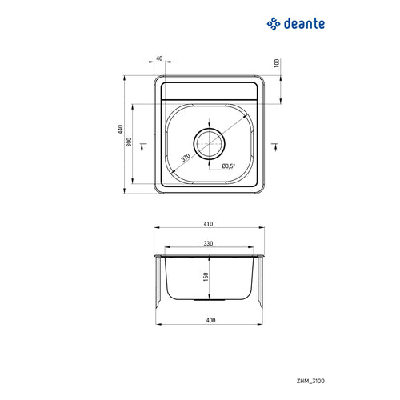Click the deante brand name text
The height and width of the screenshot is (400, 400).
(x=304, y=24)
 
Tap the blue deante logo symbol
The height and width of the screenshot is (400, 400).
(x=274, y=24)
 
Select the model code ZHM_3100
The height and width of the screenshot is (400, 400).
(x=310, y=381)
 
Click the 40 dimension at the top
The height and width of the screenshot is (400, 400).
(x=159, y=58)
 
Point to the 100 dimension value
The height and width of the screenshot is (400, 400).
(x=277, y=63)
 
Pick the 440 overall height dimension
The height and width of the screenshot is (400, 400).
(x=121, y=129)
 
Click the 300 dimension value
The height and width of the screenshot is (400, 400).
(x=130, y=142)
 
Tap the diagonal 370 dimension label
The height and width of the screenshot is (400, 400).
(x=186, y=158)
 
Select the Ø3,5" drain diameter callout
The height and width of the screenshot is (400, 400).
(x=229, y=166)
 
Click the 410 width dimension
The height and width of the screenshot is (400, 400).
(x=208, y=224)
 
